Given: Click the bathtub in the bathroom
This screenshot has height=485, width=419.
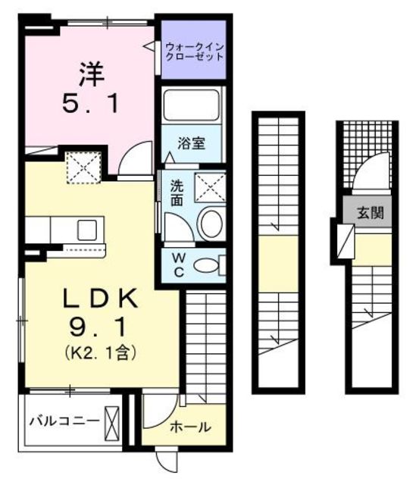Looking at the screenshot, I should pyautogui.click(x=190, y=105).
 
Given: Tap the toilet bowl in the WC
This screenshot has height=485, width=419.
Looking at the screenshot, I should pyautogui.click(x=205, y=265).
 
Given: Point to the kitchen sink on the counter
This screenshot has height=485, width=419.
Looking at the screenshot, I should pyautogui.click(x=86, y=228).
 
